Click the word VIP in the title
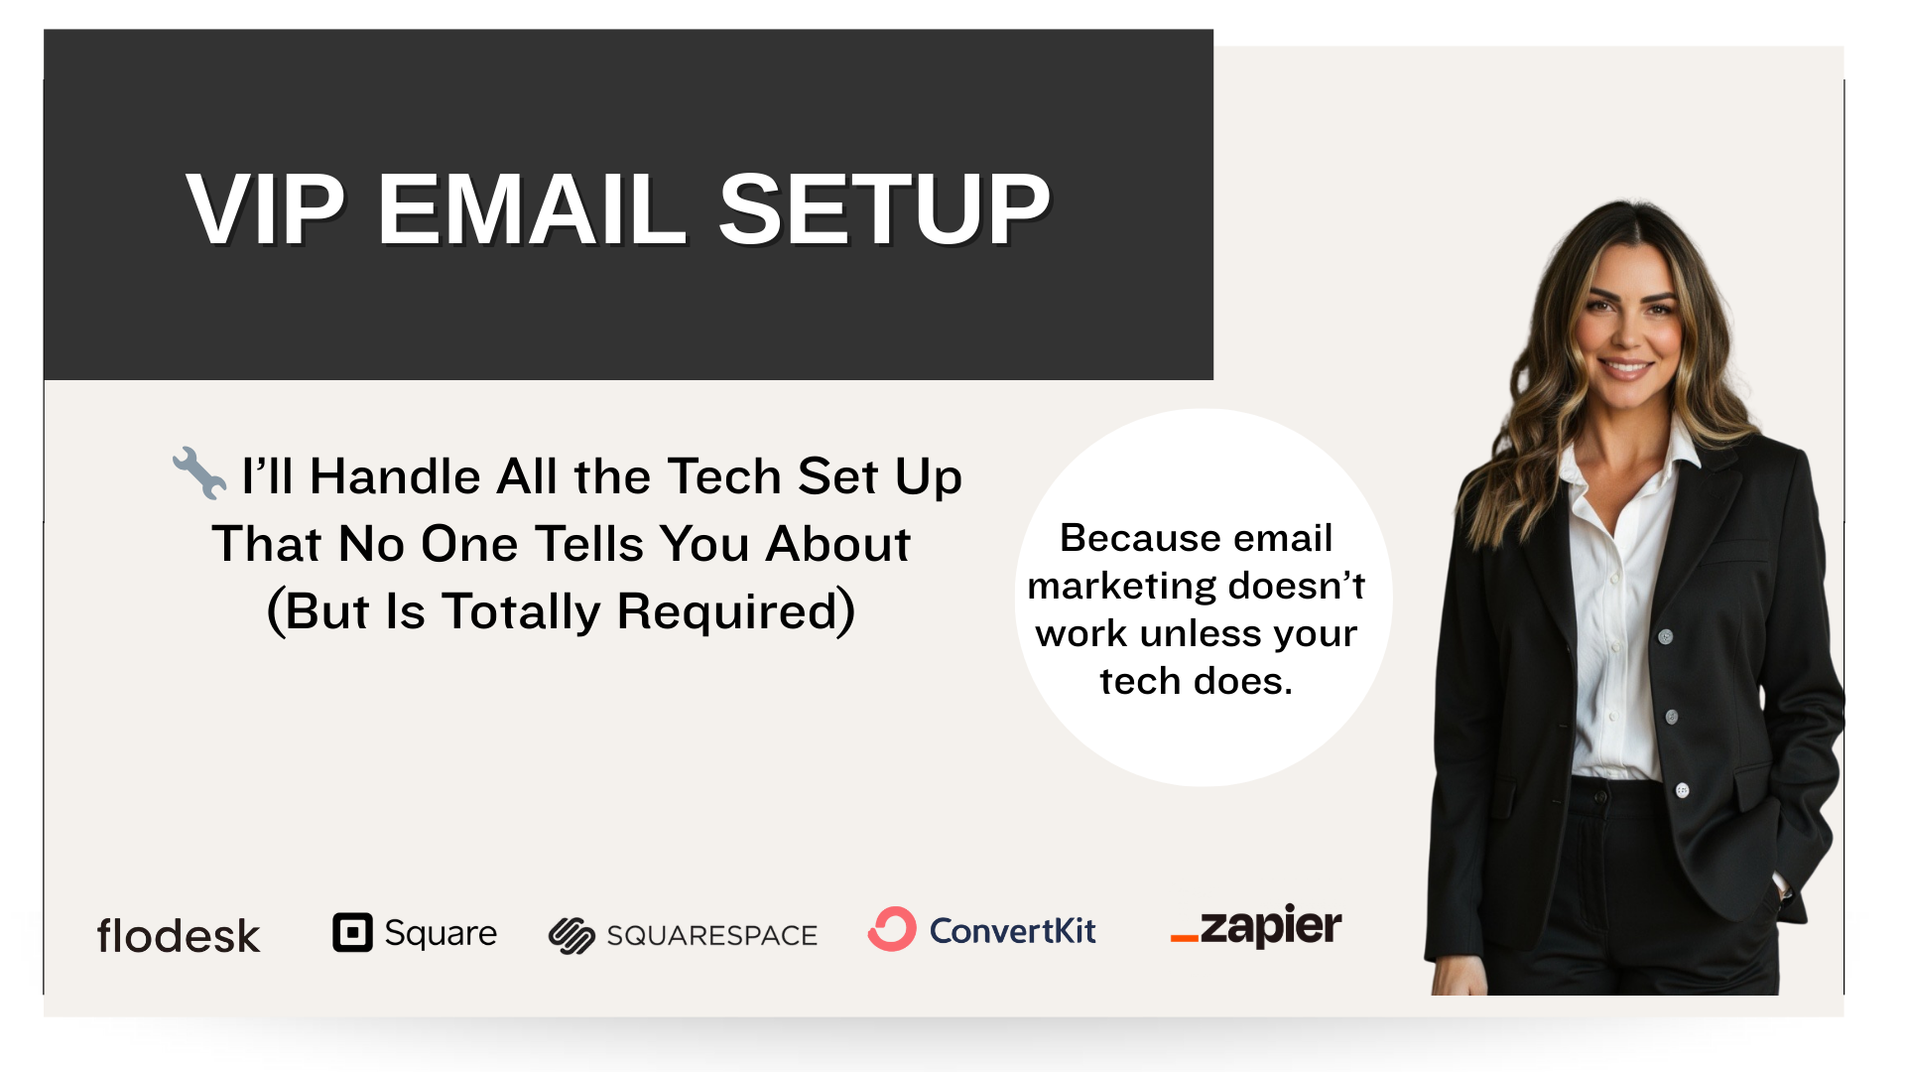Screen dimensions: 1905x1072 265,209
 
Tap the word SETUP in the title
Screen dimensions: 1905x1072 884,209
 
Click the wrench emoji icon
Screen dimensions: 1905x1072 199,472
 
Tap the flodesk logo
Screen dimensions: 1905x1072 179,935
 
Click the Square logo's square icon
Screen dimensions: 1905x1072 352,932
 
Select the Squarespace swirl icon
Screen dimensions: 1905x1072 571,935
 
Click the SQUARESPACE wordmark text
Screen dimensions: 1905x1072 711,935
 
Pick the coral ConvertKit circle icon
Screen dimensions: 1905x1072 892,929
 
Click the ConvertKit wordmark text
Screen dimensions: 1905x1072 1012,931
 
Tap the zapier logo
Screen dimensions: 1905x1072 1256,926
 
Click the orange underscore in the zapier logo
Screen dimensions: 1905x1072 1185,938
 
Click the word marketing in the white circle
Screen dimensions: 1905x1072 1109,586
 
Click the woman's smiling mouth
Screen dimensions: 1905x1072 1626,368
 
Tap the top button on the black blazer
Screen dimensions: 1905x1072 1666,636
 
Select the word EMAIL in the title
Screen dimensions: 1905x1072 532,209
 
